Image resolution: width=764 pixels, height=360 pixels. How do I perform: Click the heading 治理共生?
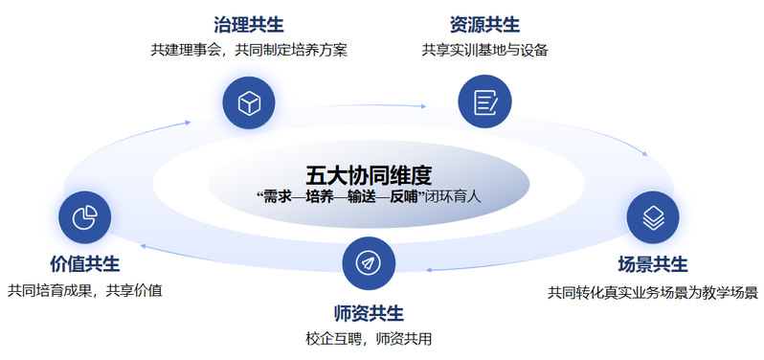point(249,25)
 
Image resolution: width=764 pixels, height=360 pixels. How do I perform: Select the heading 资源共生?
point(484,25)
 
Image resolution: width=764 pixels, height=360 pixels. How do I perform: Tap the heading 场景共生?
point(652,264)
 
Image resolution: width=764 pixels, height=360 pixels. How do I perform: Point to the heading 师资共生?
point(369,313)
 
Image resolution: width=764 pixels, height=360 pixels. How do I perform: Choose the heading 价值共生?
point(85,264)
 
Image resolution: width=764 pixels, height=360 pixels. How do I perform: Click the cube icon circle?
point(249,102)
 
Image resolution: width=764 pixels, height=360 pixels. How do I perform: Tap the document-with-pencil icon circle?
point(484,101)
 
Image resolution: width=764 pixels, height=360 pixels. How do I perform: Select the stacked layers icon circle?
point(653,217)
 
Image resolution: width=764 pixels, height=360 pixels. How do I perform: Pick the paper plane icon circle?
point(369,263)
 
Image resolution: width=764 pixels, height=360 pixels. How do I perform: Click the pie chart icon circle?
point(85,217)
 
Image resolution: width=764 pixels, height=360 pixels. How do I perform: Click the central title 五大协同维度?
point(369,176)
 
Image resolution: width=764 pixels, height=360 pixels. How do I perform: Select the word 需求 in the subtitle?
point(277,198)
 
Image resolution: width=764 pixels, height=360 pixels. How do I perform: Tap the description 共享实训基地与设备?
point(484,50)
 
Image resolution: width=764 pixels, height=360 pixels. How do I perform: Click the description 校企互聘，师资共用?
point(369,339)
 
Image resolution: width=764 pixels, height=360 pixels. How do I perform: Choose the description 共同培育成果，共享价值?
point(85,291)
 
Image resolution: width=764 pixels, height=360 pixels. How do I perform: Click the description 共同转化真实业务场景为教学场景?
point(652,293)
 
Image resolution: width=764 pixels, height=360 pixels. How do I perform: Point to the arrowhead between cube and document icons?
point(423,105)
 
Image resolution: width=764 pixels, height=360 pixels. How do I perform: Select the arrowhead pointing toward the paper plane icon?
point(430,269)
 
